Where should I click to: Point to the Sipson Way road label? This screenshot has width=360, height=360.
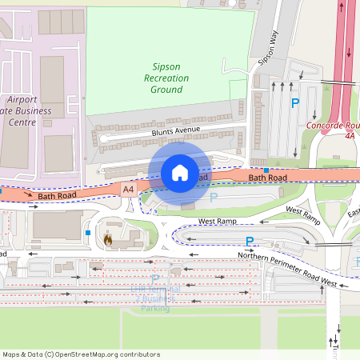tap(267, 49)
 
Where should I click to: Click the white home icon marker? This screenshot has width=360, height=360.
tap(180, 172)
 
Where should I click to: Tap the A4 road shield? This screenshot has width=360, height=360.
tap(128, 189)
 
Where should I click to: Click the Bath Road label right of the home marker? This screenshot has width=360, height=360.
tap(266, 178)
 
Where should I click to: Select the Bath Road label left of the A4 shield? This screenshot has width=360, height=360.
tap(56, 195)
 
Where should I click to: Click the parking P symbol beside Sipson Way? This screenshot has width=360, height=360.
tap(295, 103)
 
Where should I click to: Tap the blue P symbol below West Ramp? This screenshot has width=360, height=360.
tap(250, 242)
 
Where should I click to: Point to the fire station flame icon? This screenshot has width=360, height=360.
tap(108, 238)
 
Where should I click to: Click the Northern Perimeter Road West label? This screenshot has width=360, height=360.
tap(287, 267)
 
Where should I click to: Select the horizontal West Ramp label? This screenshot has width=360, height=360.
tap(218, 221)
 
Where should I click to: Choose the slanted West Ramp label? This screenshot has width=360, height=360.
tap(302, 214)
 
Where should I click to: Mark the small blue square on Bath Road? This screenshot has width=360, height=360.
tap(266, 170)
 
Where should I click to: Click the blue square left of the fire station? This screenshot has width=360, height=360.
tap(87, 233)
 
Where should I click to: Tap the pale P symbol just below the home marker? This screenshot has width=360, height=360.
tap(213, 196)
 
